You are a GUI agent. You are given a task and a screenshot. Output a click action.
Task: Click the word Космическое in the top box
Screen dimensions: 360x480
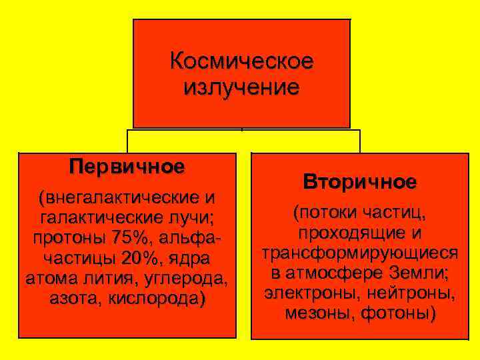point(241,62)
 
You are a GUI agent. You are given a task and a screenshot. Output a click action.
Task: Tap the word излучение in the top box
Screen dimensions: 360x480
point(241,87)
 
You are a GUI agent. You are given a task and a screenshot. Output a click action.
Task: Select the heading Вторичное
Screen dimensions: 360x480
point(360,181)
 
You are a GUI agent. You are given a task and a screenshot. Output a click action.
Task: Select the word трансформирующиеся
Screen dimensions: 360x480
point(360,254)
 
